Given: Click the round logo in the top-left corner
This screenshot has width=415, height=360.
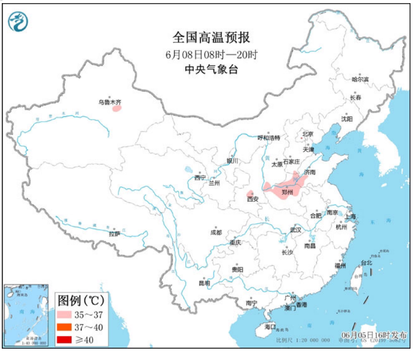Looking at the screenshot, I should pos(18,21).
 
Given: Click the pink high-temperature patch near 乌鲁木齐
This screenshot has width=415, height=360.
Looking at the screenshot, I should pos(117,108).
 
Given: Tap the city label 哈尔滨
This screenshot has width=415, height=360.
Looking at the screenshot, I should pos(360,79).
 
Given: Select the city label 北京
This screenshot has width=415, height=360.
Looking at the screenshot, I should pos(308,134).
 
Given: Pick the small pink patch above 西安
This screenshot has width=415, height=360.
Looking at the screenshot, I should pos(249,193).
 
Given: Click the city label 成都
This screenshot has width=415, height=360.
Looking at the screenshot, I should pos(216,232).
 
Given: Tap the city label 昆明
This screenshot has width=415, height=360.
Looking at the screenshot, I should pos(204,283).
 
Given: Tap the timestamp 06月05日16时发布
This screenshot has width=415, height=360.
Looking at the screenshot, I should pos(374,335).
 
